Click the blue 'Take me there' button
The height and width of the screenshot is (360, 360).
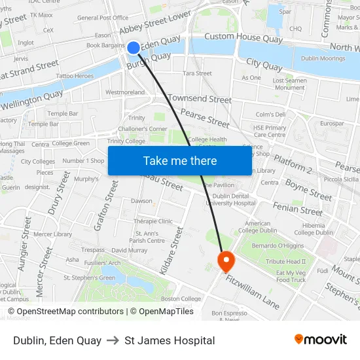pos(180,160)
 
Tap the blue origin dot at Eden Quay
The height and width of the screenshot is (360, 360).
pos(133,47)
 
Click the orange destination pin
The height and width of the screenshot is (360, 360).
pos(226,261)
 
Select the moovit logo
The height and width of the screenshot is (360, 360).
pos(321,340)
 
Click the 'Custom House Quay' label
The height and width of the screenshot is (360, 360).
pos(243,38)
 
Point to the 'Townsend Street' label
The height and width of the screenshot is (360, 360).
pos(200,99)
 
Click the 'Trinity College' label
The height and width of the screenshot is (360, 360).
pos(126,141)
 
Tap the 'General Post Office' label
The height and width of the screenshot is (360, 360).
pos(103,18)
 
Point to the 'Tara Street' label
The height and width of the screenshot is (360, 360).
pos(198,73)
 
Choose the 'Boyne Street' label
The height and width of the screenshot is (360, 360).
pos(309,190)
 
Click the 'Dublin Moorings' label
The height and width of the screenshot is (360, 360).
pos(323,58)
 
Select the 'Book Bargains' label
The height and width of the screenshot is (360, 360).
pos(105,45)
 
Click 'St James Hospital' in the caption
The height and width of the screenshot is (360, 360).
pos(170,340)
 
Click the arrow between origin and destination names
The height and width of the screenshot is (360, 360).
pos(113,340)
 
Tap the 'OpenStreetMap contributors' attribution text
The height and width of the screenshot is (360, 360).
pos(70,312)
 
